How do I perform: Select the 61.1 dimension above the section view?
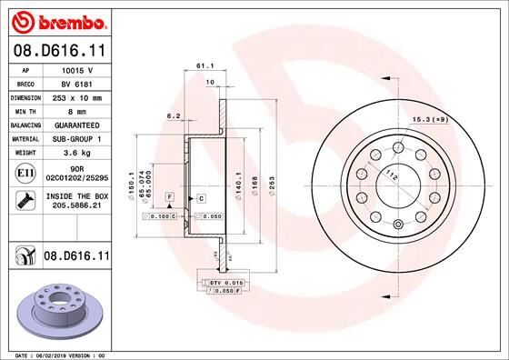(204, 65)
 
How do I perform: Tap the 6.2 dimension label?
(173, 115)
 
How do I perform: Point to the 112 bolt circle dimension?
(392, 175)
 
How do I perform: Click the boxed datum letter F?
(169, 196)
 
